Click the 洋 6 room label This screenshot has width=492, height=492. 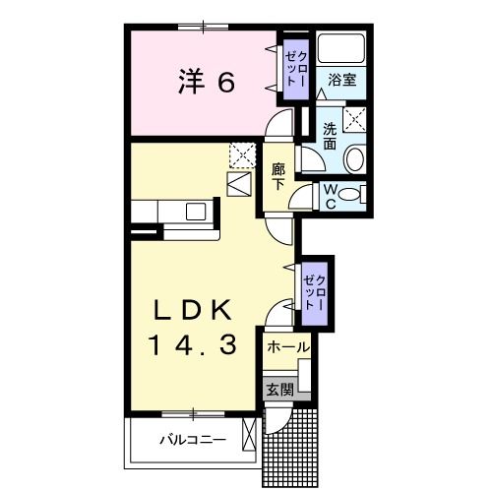pyautogui.click(x=207, y=83)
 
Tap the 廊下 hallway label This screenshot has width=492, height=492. pyautogui.click(x=278, y=176)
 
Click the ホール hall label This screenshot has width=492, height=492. pyautogui.click(x=287, y=347)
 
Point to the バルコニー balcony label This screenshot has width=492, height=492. pyautogui.click(x=193, y=440)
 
